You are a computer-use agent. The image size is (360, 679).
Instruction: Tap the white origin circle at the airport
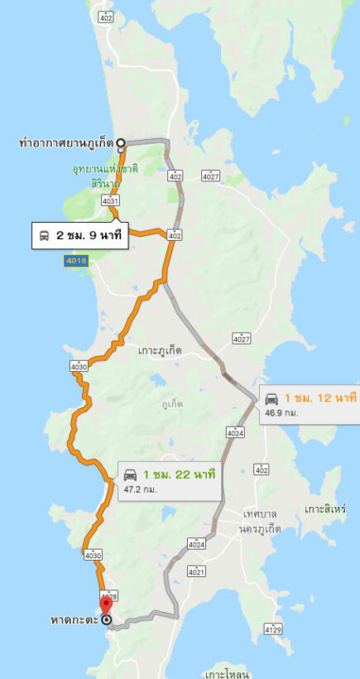pyautogui.click(x=121, y=142)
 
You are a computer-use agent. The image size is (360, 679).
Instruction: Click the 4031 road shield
pyautogui.click(x=110, y=200)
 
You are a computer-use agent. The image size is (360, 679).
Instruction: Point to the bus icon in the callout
pyautogui.click(x=45, y=236)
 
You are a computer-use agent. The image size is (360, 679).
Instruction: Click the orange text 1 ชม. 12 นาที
pyautogui.click(x=319, y=398)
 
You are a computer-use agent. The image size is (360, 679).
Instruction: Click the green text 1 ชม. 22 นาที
pyautogui.click(x=179, y=474)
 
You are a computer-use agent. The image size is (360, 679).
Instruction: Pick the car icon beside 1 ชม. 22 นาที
pyautogui.click(x=130, y=474)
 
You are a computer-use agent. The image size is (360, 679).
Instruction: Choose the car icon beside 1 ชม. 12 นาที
pyautogui.click(x=271, y=398)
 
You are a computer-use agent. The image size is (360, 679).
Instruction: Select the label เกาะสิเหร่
pyautogui.click(x=324, y=508)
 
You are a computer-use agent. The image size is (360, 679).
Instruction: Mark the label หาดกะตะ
pyautogui.click(x=74, y=619)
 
